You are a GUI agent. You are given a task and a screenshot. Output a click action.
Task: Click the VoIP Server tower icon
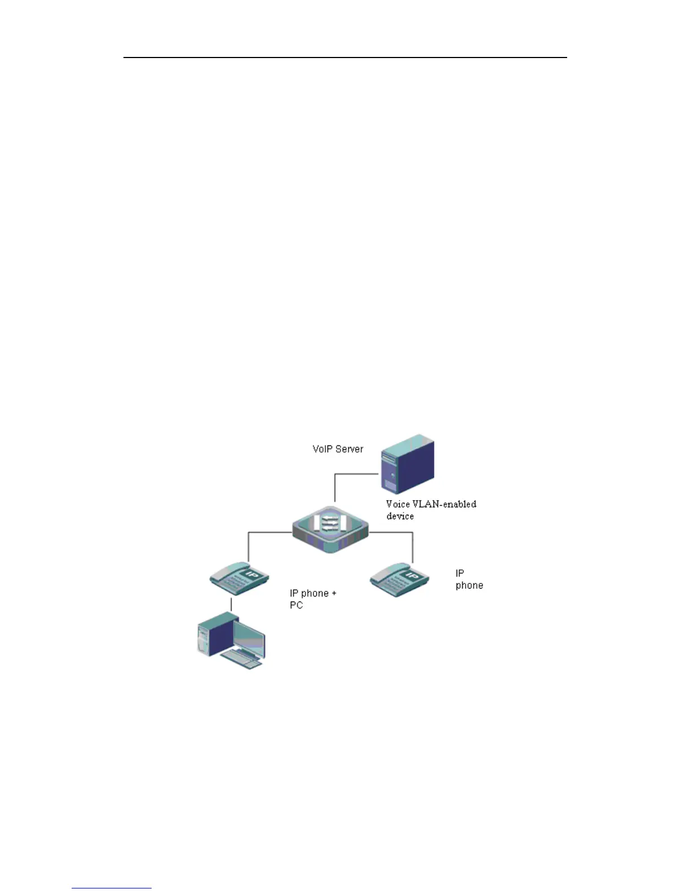[408, 465]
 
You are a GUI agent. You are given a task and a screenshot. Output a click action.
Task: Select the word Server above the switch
[350, 449]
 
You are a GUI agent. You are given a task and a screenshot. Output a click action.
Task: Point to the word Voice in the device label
[399, 504]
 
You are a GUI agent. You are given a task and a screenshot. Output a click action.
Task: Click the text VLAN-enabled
[445, 504]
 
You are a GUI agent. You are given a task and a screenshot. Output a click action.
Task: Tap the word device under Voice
[400, 516]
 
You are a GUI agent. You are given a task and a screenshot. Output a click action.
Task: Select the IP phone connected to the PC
[239, 578]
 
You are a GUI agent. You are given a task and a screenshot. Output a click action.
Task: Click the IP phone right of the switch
[399, 579]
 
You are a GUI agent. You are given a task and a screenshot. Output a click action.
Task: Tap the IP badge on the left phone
[252, 576]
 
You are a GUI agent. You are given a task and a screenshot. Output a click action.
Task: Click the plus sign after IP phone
[334, 593]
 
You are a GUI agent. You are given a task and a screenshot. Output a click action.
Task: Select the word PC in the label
[296, 605]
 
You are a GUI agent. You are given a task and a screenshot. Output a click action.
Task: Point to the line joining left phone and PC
[231, 604]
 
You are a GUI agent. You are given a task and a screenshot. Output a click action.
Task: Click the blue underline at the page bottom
[112, 888]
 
